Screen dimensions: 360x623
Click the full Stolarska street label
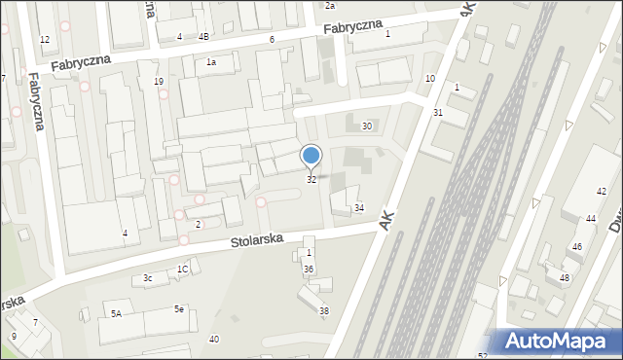pos(256,238)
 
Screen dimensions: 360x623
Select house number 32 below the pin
pos(311,179)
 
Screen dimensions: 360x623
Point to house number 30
pos(367,126)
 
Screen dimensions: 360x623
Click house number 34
pos(359,208)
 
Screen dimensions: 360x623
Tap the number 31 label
pos(438,113)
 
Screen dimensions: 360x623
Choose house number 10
pos(430,78)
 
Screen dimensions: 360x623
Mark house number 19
pos(159,82)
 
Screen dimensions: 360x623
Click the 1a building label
pos(210,62)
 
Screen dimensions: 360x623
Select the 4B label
pos(203,37)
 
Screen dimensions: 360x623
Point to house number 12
pos(45,39)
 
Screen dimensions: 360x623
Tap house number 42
pos(602,191)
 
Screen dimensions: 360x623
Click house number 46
pos(577,247)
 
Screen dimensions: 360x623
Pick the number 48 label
pos(565,278)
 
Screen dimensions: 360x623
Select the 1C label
pos(182,270)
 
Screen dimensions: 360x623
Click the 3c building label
pos(148,278)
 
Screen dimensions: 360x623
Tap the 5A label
pos(116,313)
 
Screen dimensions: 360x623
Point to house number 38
pos(324,310)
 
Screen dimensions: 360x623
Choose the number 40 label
pos(214,339)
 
